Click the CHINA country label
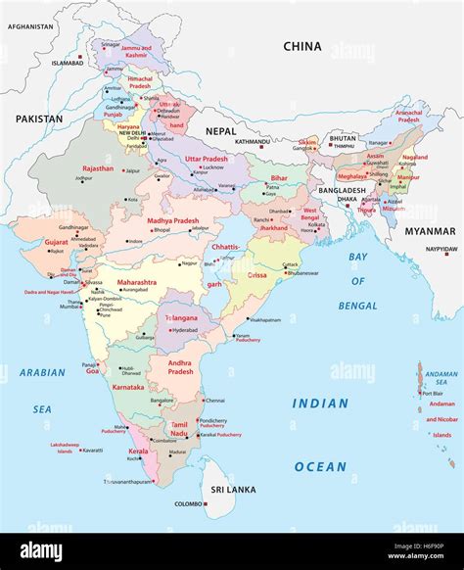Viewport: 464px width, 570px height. (x=302, y=46)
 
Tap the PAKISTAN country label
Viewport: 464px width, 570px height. (x=38, y=119)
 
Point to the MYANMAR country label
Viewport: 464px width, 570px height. (x=431, y=231)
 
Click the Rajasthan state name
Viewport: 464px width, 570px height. (x=97, y=167)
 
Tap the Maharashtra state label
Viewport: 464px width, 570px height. (x=136, y=282)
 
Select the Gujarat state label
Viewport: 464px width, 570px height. (x=56, y=241)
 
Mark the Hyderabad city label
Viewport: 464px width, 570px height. (x=185, y=331)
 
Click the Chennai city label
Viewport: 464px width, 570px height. (x=215, y=400)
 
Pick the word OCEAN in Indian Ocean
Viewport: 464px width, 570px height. (x=320, y=466)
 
